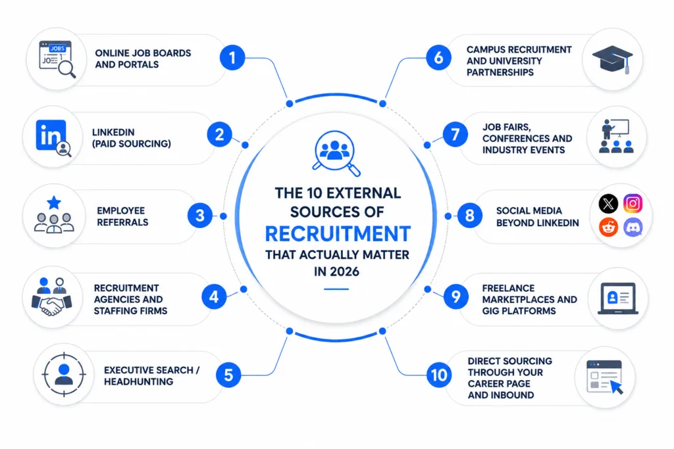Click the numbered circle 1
click(x=232, y=57)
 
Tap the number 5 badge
click(x=228, y=375)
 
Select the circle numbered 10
click(x=439, y=375)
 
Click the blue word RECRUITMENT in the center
click(x=338, y=234)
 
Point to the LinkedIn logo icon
click(x=51, y=135)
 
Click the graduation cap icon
click(x=613, y=59)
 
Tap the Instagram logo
click(x=633, y=203)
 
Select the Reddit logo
click(x=608, y=227)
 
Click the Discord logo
click(x=633, y=227)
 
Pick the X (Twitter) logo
click(x=608, y=203)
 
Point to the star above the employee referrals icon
click(x=54, y=202)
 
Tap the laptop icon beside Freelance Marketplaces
click(x=618, y=298)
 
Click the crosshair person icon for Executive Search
click(x=64, y=374)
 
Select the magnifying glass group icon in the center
click(x=336, y=153)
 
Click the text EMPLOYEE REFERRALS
click(x=122, y=216)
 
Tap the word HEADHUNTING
click(x=138, y=381)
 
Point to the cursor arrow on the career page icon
click(x=617, y=387)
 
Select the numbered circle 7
click(x=455, y=135)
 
